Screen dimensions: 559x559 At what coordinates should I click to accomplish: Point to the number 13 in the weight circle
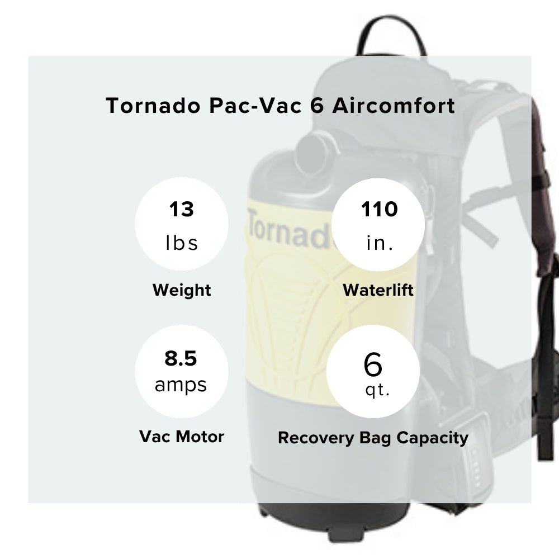click(x=182, y=210)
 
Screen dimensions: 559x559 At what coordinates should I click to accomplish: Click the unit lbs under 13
click(x=182, y=243)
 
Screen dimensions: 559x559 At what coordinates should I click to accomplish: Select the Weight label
click(x=182, y=290)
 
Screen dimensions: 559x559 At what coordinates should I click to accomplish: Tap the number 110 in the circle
click(x=378, y=210)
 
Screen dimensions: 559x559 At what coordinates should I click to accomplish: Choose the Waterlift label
click(x=378, y=290)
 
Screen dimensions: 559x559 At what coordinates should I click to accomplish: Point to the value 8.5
click(x=181, y=358)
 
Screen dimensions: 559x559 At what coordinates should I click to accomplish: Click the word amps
click(x=181, y=385)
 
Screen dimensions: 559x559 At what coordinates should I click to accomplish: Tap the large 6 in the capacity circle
click(x=373, y=364)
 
